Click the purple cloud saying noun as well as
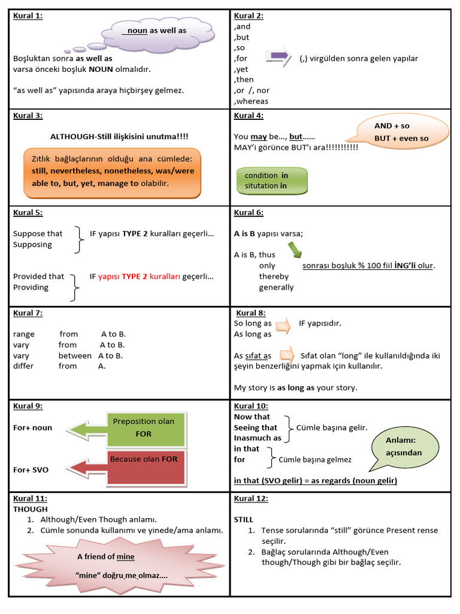(158, 31)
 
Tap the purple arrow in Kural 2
(277, 56)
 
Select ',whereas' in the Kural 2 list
(251, 101)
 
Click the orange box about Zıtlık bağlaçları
(112, 173)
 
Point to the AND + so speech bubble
(402, 133)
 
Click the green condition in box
(273, 180)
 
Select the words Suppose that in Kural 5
(38, 233)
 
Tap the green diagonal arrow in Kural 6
(295, 249)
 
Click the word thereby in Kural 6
(274, 276)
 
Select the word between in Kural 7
(75, 355)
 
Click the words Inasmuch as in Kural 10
(258, 438)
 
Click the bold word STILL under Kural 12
(244, 519)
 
